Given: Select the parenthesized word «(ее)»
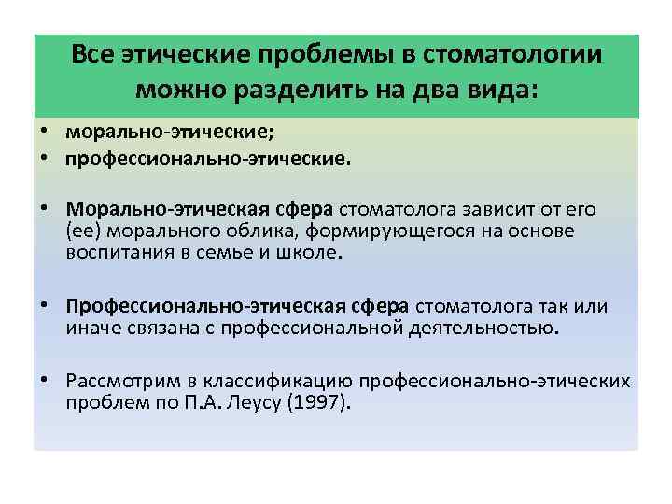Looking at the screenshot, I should [84, 230].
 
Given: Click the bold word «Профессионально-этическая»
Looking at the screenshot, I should [237, 307].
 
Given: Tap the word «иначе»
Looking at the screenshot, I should [91, 329].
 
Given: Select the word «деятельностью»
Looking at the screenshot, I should [486, 329].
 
